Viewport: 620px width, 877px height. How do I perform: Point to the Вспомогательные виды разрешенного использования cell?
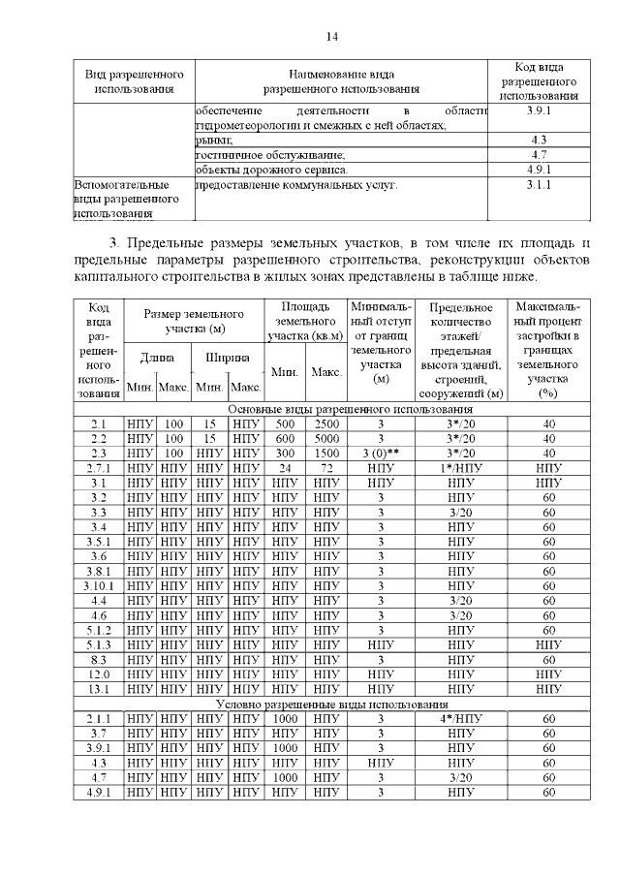134,198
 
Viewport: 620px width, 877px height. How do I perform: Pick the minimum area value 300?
285,453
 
